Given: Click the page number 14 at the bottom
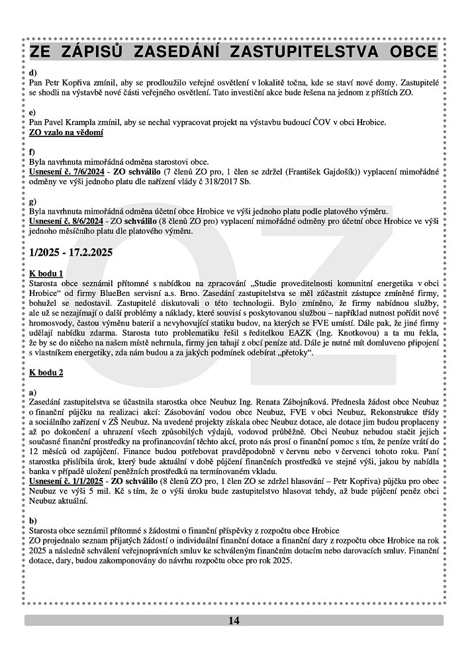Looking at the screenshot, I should (234, 620).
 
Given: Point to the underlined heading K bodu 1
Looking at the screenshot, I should (46, 273).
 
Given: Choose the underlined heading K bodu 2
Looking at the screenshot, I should (46, 373).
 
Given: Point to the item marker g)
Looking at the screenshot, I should (33, 200).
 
